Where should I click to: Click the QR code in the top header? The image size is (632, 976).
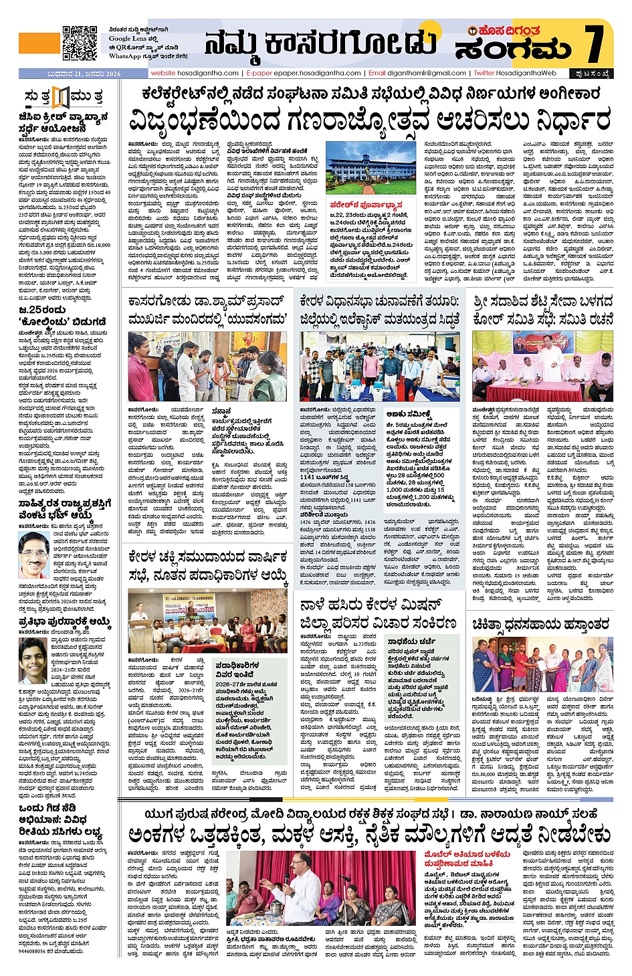click(x=80, y=43)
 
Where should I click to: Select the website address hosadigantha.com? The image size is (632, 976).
click(x=195, y=73)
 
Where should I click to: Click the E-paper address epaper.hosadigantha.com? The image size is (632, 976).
click(x=304, y=73)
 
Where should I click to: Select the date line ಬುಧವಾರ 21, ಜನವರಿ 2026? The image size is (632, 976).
click(x=70, y=74)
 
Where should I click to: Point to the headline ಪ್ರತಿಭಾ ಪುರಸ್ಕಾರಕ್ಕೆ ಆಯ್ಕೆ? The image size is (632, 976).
click(x=64, y=621)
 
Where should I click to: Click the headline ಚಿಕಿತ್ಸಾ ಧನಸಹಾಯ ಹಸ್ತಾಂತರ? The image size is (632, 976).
click(x=540, y=624)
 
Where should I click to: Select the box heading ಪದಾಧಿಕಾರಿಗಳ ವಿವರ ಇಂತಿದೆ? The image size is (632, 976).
click(x=238, y=670)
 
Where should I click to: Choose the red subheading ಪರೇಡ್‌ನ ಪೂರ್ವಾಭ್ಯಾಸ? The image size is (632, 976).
click(x=366, y=205)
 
